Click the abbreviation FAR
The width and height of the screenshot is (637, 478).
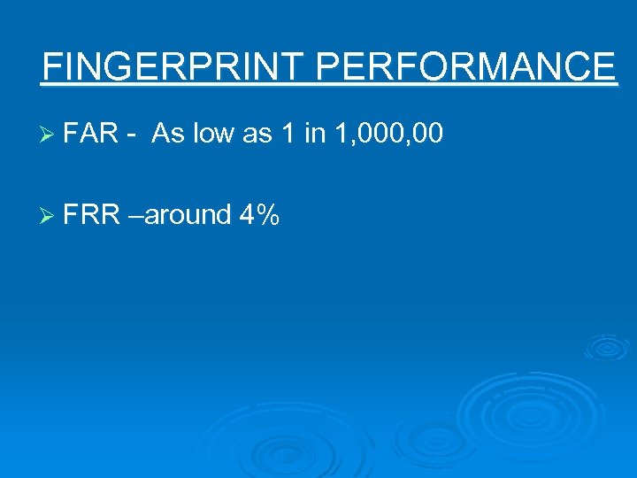pos(91,135)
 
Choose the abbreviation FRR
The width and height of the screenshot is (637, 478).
pos(92,214)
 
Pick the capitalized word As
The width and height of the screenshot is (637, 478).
pos(167,135)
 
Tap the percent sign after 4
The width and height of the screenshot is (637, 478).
pos(268,214)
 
